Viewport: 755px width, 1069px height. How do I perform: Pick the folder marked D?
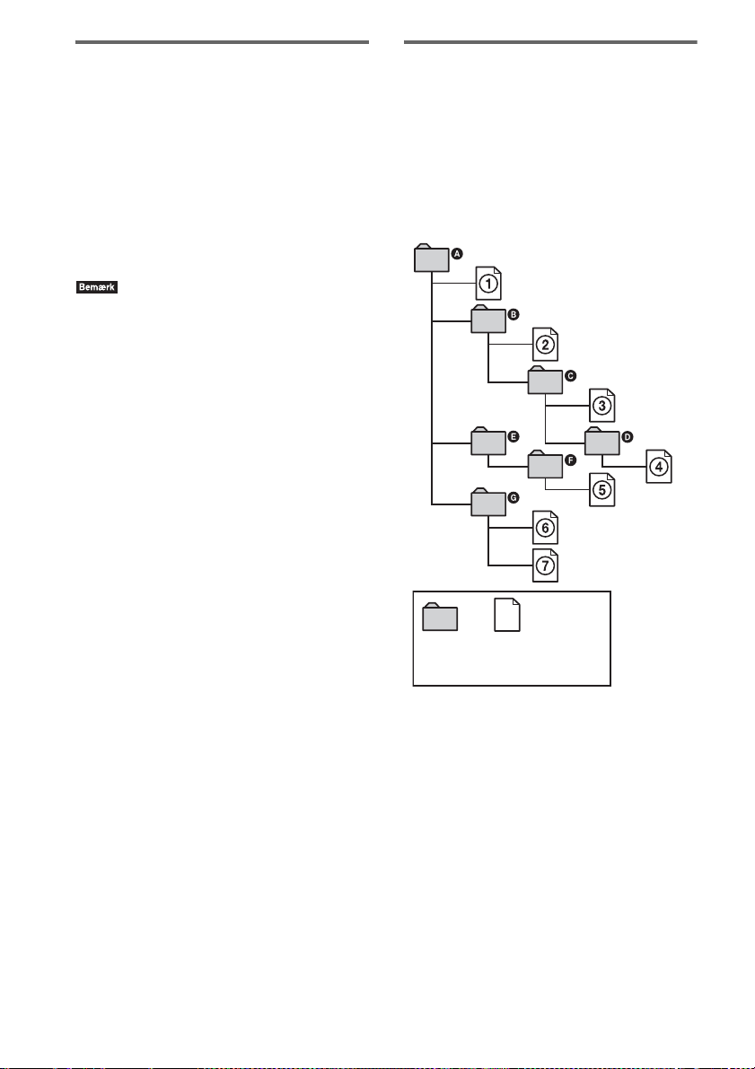click(x=601, y=442)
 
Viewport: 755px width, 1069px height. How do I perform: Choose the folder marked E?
click(x=488, y=442)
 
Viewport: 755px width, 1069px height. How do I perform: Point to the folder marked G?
click(x=488, y=503)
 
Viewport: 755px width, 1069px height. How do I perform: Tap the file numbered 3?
click(x=602, y=405)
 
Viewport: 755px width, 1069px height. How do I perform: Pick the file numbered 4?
click(x=658, y=466)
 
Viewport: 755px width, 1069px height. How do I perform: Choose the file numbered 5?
click(x=602, y=489)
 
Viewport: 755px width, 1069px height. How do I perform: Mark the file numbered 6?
click(x=545, y=528)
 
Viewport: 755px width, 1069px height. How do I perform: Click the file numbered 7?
click(x=545, y=565)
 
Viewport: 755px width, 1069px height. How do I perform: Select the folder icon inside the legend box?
click(x=440, y=618)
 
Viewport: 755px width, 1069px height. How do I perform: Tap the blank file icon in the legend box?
click(x=507, y=617)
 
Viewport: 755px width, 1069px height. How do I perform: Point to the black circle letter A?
click(x=456, y=254)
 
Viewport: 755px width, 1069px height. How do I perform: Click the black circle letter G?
click(x=514, y=496)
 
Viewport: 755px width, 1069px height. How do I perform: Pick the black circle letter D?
click(x=628, y=436)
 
